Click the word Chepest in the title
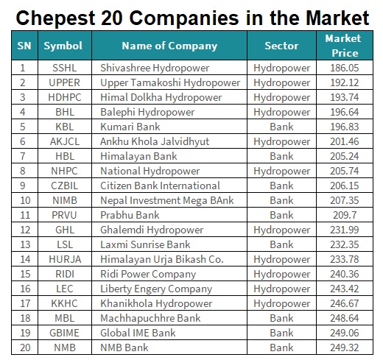(55, 18)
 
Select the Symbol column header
(63, 46)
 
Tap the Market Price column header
(345, 46)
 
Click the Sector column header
(281, 46)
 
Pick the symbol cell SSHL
(65, 68)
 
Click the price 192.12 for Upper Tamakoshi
(345, 82)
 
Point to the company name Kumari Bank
(130, 127)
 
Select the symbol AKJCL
(65, 141)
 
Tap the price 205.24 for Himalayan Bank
(345, 156)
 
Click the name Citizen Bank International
(160, 186)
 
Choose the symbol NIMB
(65, 200)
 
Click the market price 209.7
(345, 215)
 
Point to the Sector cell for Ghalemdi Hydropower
(282, 230)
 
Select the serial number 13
(25, 244)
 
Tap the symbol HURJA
(65, 259)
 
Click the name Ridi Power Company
(148, 275)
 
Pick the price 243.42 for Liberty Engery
(345, 289)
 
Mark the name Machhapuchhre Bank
(150, 318)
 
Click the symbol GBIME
(65, 333)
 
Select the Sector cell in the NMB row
(281, 347)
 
